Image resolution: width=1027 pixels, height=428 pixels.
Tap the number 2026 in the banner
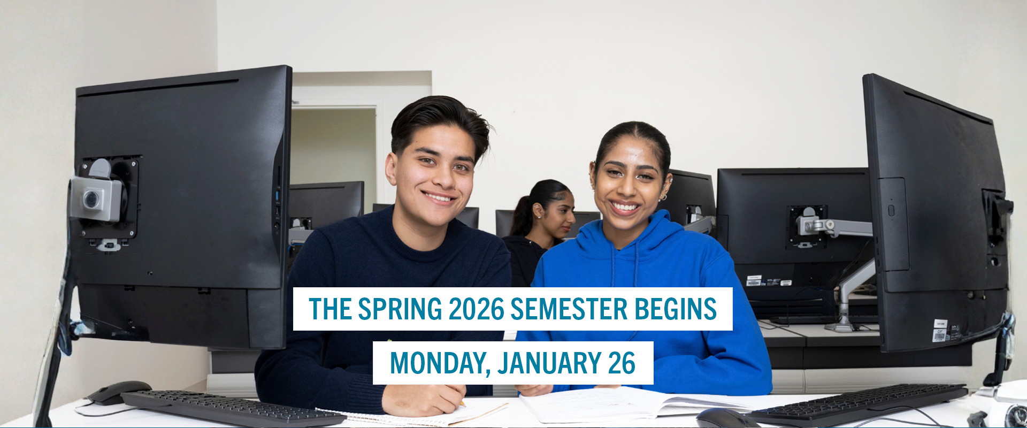(477, 309)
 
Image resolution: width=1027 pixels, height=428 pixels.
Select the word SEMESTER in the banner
(569, 309)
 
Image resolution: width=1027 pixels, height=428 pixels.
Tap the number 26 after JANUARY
(622, 363)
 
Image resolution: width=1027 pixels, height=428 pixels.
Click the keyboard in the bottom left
(233, 409)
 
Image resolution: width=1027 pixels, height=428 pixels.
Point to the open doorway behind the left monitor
(333, 155)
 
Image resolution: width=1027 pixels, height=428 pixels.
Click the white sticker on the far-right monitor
(940, 331)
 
